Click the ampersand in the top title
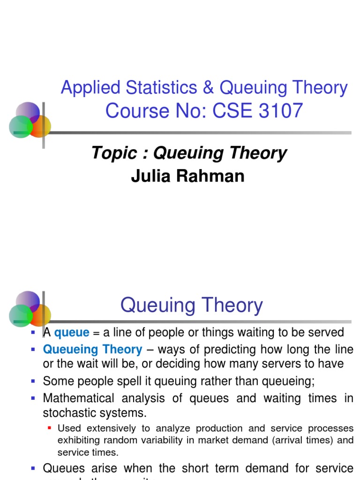pyautogui.click(x=206, y=88)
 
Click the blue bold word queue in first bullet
pyautogui.click(x=72, y=333)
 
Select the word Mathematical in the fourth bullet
pyautogui.click(x=78, y=398)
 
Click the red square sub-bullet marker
pyautogui.click(x=50, y=428)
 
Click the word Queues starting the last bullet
pyautogui.click(x=64, y=468)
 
